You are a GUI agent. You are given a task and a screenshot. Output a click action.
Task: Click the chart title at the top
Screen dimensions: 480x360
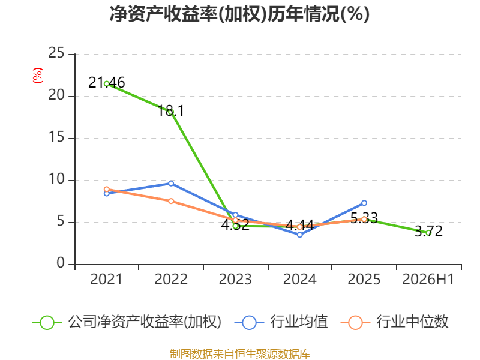click(239, 14)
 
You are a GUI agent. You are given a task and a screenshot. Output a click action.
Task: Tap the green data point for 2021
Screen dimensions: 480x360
click(107, 84)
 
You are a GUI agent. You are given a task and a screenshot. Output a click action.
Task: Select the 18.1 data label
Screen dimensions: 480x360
click(171, 110)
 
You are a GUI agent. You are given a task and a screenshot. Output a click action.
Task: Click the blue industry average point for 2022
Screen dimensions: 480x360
click(171, 184)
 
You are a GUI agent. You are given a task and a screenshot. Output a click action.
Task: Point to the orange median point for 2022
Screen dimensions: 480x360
click(171, 201)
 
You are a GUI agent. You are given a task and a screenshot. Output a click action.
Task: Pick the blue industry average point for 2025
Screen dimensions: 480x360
click(364, 203)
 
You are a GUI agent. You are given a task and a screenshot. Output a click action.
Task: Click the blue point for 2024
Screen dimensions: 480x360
click(299, 235)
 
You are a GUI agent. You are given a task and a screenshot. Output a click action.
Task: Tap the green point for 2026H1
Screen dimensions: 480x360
click(428, 233)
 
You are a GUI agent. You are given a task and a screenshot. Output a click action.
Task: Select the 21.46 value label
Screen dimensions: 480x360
click(107, 83)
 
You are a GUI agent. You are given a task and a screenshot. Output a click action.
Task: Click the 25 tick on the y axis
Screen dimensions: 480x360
click(56, 53)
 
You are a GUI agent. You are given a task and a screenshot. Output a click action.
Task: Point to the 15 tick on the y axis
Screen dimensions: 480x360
click(56, 137)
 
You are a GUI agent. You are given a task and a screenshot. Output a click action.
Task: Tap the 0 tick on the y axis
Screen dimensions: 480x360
click(61, 263)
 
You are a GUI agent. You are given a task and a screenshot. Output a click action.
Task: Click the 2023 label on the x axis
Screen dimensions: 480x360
click(235, 280)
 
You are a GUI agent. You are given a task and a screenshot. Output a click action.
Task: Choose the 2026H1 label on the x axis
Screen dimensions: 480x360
click(428, 280)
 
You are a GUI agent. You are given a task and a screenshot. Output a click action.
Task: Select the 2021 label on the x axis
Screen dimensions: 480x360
click(106, 280)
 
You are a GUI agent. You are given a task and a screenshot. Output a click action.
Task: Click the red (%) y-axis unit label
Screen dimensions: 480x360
click(38, 76)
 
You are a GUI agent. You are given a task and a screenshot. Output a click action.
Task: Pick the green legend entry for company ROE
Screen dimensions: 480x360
click(127, 322)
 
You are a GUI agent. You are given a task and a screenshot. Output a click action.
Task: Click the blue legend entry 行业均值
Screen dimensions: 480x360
click(281, 322)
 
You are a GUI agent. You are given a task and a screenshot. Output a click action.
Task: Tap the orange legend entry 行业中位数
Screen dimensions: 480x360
click(394, 322)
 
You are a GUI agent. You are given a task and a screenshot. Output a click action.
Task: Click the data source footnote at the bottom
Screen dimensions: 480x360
click(240, 354)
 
